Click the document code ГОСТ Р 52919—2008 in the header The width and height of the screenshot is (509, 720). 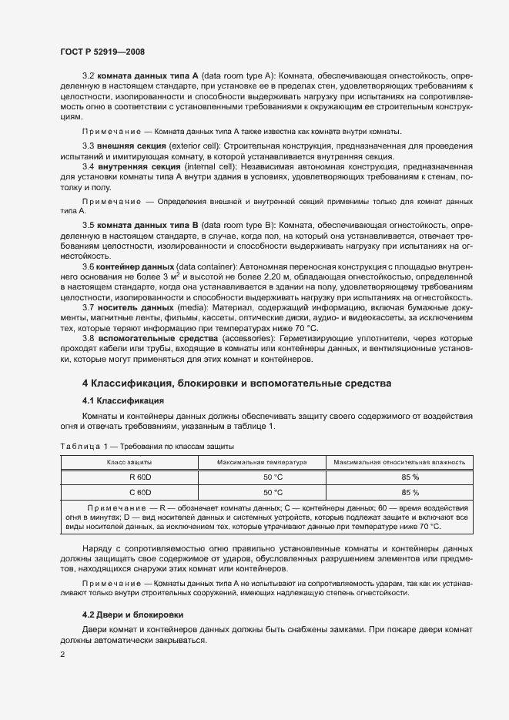tap(102, 52)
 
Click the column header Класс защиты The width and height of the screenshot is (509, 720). tap(129, 462)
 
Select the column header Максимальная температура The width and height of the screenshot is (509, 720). tap(263, 462)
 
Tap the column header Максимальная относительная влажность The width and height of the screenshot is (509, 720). tap(399, 462)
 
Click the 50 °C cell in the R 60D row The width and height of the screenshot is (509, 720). tap(263, 477)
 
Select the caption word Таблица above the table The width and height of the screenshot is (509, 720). tap(77, 447)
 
